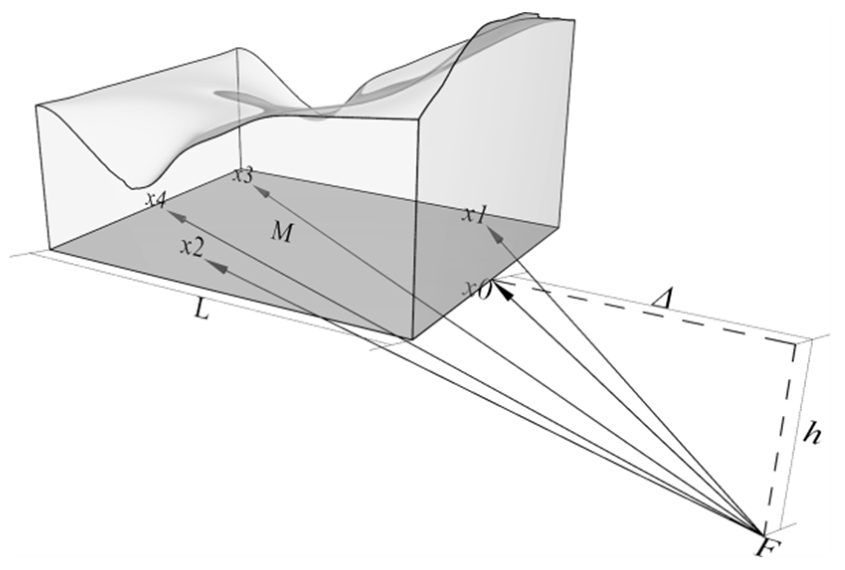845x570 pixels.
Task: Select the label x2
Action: pos(192,247)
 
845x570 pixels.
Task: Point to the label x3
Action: pos(244,176)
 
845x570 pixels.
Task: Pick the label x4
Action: pos(156,199)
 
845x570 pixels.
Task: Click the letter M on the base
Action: pos(282,232)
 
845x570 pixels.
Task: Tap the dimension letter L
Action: pos(201,310)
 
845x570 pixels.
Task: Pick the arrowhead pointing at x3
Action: pos(261,191)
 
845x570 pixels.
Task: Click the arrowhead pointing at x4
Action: pos(177,216)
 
